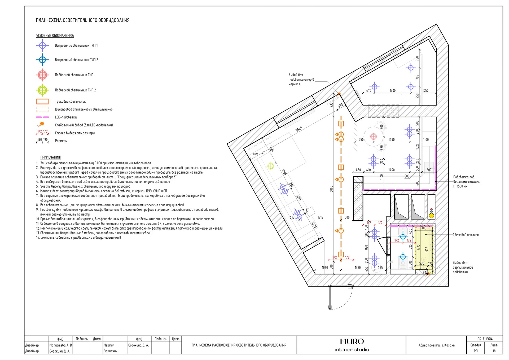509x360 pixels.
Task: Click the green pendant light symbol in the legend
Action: coord(42,90)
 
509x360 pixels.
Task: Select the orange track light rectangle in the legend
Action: coord(42,101)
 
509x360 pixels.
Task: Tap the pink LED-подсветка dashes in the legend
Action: coord(42,117)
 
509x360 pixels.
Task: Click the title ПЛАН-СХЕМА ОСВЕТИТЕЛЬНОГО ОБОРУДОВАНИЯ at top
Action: coord(83,20)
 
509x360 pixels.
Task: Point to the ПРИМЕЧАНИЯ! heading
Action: coord(50,157)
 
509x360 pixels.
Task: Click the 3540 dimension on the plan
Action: coord(299,129)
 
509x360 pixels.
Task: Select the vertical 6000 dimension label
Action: coord(331,189)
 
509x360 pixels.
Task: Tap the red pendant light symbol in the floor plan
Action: coord(373,137)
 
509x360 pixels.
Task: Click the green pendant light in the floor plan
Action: coord(270,166)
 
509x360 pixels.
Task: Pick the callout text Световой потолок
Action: coord(466,235)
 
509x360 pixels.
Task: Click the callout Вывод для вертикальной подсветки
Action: coord(463,267)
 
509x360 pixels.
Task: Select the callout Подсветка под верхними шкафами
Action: coord(467,182)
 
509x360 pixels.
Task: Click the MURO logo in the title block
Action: coord(352,341)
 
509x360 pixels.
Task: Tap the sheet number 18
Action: coord(494,351)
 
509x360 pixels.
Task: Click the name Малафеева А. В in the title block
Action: coord(60,345)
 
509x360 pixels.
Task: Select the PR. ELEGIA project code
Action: coord(485,339)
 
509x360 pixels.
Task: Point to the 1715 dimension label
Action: coord(320,217)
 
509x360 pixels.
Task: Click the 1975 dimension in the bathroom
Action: coord(427,250)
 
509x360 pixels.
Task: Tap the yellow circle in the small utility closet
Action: coord(431,216)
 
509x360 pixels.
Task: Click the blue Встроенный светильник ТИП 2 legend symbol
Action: coord(42,60)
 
